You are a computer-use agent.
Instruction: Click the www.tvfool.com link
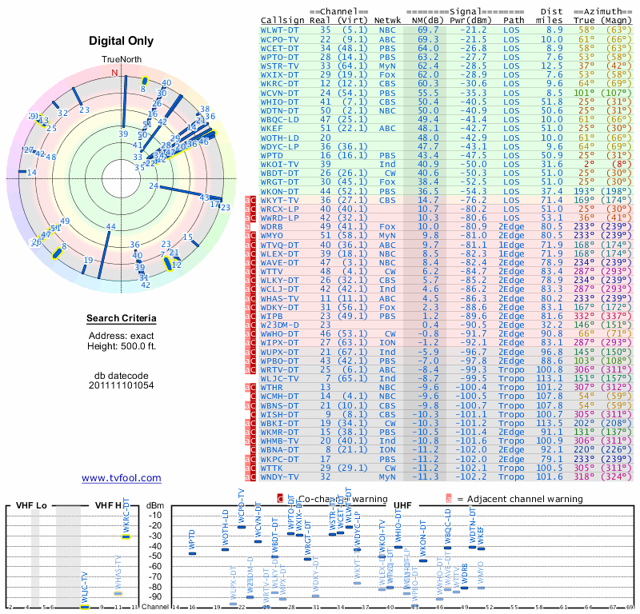pyautogui.click(x=122, y=478)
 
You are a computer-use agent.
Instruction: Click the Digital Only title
pyautogui.click(x=122, y=41)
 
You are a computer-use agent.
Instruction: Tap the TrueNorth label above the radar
pyautogui.click(x=122, y=60)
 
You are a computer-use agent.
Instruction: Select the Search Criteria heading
pyautogui.click(x=122, y=319)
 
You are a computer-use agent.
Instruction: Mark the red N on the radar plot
pyautogui.click(x=114, y=73)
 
